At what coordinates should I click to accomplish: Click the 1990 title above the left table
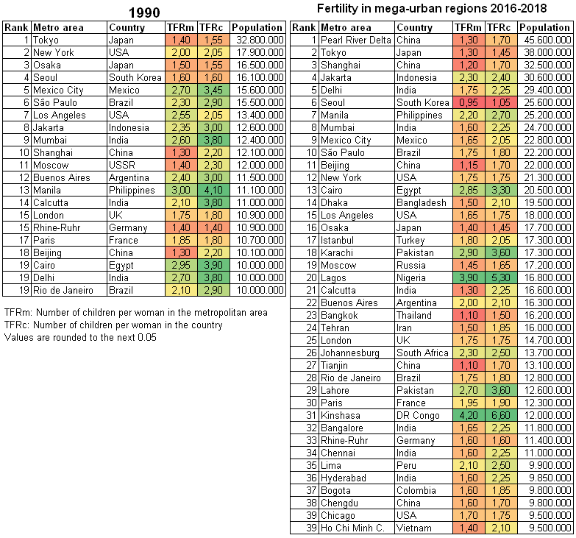click(144, 13)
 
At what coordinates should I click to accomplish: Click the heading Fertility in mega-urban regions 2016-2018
click(432, 8)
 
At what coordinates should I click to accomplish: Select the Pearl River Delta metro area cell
click(355, 40)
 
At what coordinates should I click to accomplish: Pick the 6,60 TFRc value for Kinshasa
click(501, 415)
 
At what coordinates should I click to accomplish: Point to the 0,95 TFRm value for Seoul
click(469, 102)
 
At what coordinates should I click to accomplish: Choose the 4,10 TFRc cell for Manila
click(213, 190)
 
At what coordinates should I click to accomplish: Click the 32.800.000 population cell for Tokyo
click(260, 40)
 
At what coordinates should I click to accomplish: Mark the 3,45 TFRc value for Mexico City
click(213, 90)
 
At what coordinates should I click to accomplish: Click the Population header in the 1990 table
click(257, 27)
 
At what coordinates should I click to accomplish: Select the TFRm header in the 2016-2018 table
click(468, 27)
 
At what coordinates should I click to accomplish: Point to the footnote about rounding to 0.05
click(80, 337)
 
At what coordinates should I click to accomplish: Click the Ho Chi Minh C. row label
click(352, 528)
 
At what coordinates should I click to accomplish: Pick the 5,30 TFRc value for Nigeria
click(501, 277)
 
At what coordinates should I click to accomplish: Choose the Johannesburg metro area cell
click(349, 353)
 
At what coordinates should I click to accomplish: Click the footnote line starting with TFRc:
click(113, 325)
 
